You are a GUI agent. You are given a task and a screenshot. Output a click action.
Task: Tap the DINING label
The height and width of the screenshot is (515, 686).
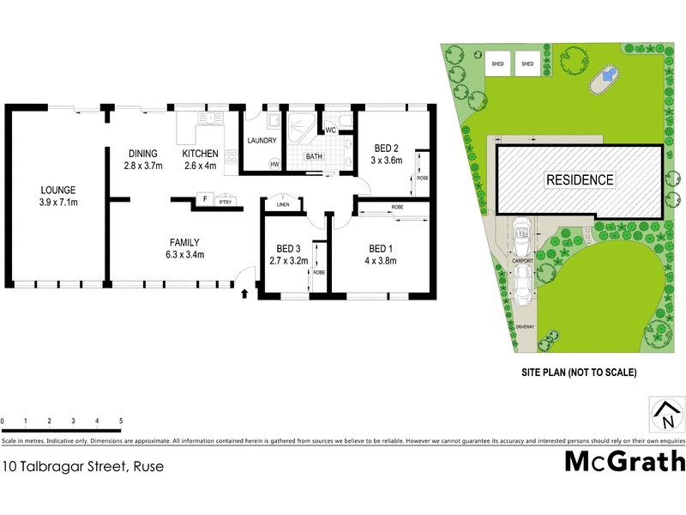point(142,154)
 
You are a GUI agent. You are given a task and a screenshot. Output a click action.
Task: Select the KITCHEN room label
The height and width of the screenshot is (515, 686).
point(200,154)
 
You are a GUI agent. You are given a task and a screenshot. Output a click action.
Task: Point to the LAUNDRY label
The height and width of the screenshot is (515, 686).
point(261,140)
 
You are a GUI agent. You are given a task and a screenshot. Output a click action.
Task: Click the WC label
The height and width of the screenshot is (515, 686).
point(329,130)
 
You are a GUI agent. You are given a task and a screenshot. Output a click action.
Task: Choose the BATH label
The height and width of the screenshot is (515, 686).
point(315,156)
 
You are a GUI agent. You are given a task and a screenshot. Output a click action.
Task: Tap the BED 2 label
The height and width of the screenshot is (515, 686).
point(384,148)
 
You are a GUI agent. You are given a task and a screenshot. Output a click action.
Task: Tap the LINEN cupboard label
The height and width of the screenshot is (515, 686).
point(281,204)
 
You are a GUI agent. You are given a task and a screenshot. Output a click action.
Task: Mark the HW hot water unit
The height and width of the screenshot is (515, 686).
point(275,163)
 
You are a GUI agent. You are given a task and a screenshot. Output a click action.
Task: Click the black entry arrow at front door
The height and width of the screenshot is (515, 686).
point(245,294)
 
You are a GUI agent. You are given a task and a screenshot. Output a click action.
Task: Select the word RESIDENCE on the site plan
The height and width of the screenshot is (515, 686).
point(581,180)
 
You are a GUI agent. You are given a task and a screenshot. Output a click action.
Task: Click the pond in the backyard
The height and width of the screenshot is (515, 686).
point(607,78)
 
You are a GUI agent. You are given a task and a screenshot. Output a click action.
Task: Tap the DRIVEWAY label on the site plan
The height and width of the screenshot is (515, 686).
point(524,326)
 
